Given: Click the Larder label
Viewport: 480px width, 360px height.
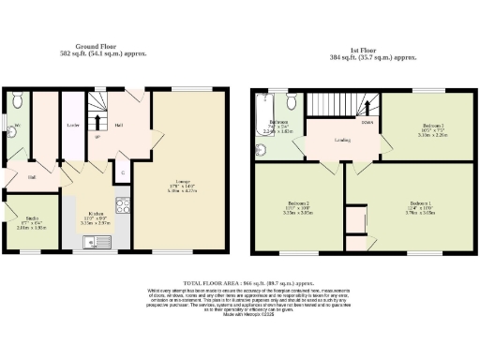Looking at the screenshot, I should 71,124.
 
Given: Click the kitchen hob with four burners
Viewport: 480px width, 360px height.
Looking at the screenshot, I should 120,205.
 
